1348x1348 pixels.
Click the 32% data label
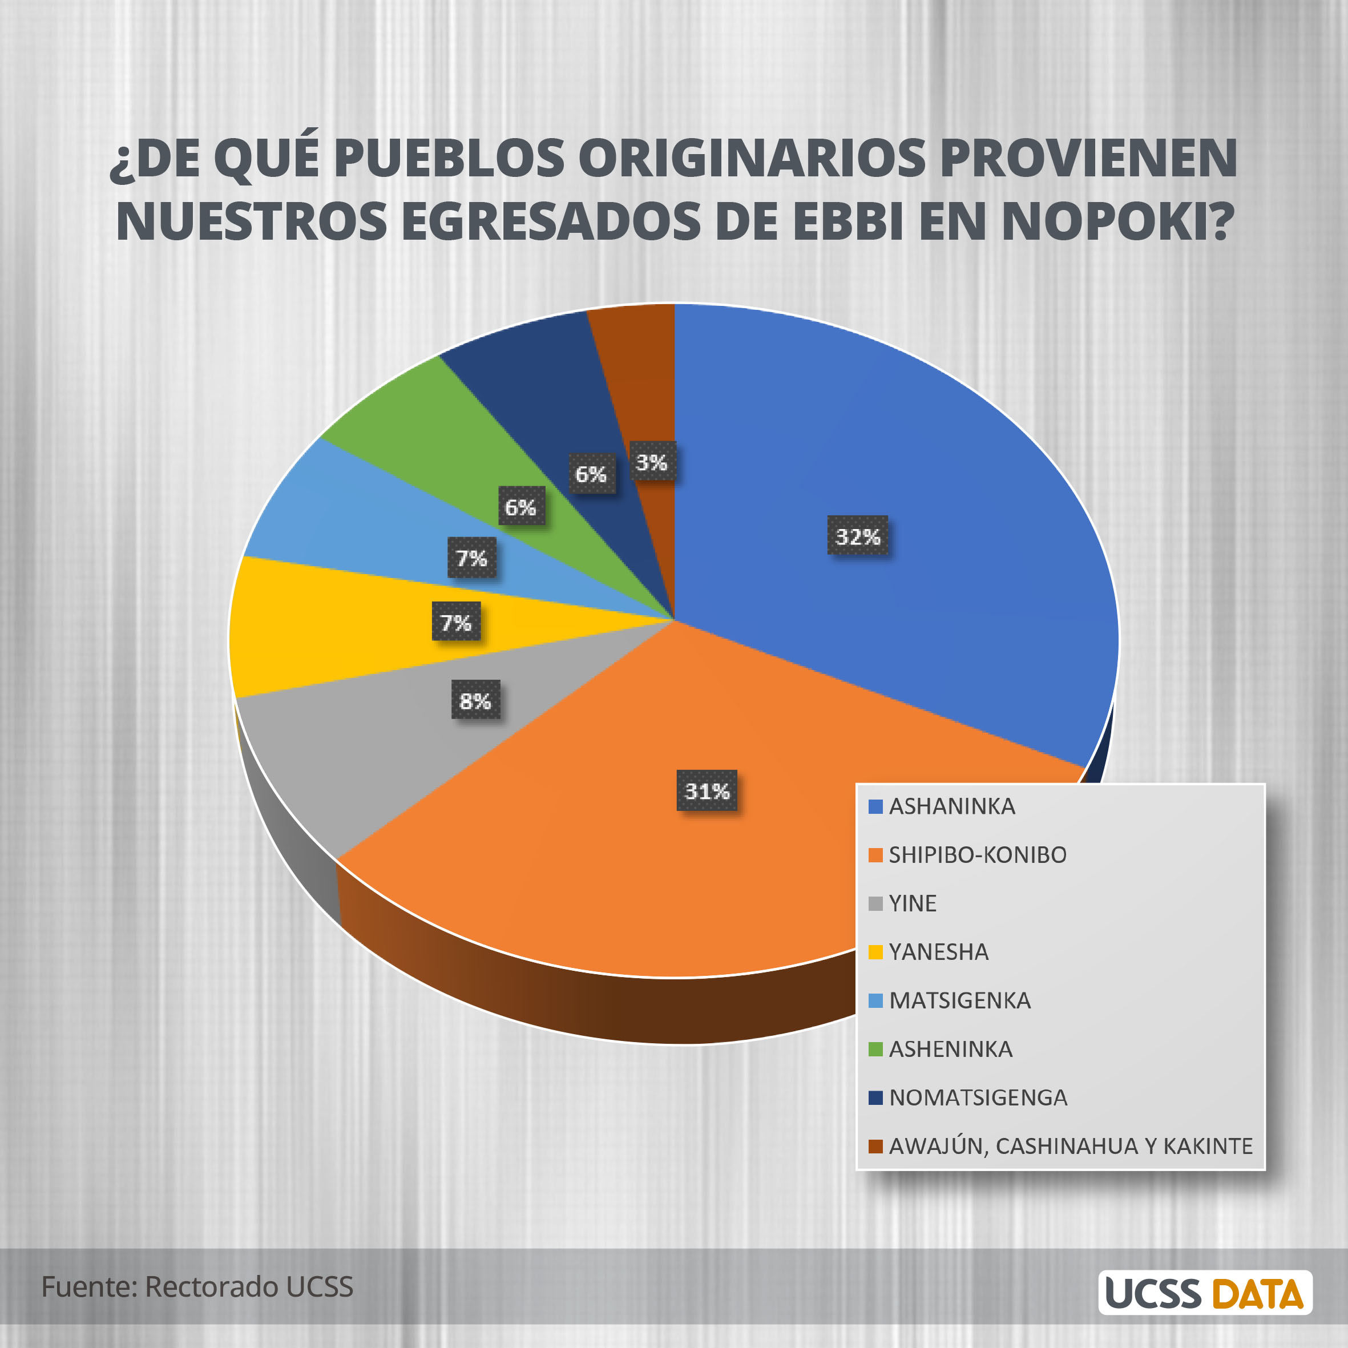858,535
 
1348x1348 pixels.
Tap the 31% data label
707,790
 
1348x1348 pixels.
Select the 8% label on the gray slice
475,700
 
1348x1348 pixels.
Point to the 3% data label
652,461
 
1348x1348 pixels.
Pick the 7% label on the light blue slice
471,558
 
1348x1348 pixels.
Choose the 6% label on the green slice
520,507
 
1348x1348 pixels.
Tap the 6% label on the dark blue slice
591,474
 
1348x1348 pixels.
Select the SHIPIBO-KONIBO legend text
977,855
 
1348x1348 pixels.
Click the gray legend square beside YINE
875,903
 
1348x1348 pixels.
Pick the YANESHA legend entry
938,952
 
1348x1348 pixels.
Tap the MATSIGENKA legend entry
959,1000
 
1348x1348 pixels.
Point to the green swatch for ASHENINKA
875,1049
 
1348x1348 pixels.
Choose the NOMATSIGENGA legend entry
978,1097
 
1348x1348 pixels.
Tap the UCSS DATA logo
1204,1293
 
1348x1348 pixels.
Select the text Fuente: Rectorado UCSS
197,1286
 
